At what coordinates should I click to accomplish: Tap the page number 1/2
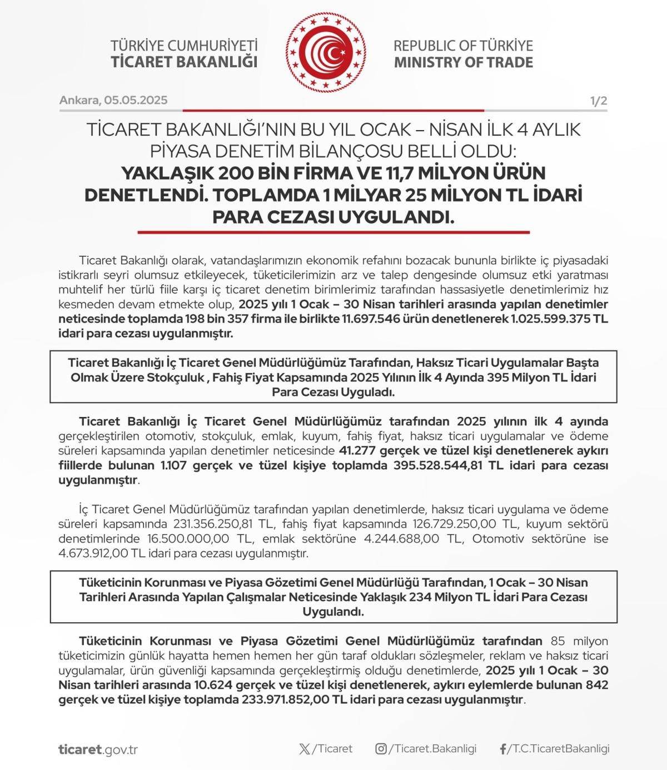599,101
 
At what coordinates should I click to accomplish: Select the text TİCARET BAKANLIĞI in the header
184,62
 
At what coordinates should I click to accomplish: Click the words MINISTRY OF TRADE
464,62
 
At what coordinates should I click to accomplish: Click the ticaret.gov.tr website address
98,749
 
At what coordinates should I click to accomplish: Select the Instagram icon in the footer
381,749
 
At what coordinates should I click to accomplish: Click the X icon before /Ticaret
305,749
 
